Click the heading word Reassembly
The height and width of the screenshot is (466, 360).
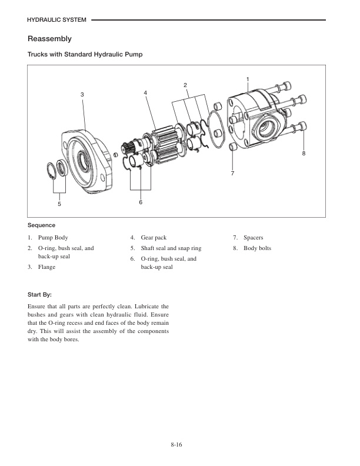pos(49,39)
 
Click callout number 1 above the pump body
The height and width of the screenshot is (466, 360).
pos(248,79)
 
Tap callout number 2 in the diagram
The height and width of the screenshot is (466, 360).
pos(185,86)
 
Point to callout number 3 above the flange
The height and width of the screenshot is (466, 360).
pos(82,94)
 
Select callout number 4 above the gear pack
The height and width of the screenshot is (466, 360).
pos(145,93)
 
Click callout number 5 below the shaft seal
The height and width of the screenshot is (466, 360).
pos(59,204)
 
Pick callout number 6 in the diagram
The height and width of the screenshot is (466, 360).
pos(141,202)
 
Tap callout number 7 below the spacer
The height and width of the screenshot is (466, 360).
pos(232,174)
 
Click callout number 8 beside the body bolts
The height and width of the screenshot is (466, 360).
pos(304,154)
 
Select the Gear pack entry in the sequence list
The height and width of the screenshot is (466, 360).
pos(154,238)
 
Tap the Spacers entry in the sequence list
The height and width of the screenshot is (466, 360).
pos(255,238)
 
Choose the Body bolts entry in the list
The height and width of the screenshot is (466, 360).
pos(257,248)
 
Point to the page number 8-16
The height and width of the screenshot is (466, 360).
pos(179,444)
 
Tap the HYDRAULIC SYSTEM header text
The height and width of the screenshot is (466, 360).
pos(57,21)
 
